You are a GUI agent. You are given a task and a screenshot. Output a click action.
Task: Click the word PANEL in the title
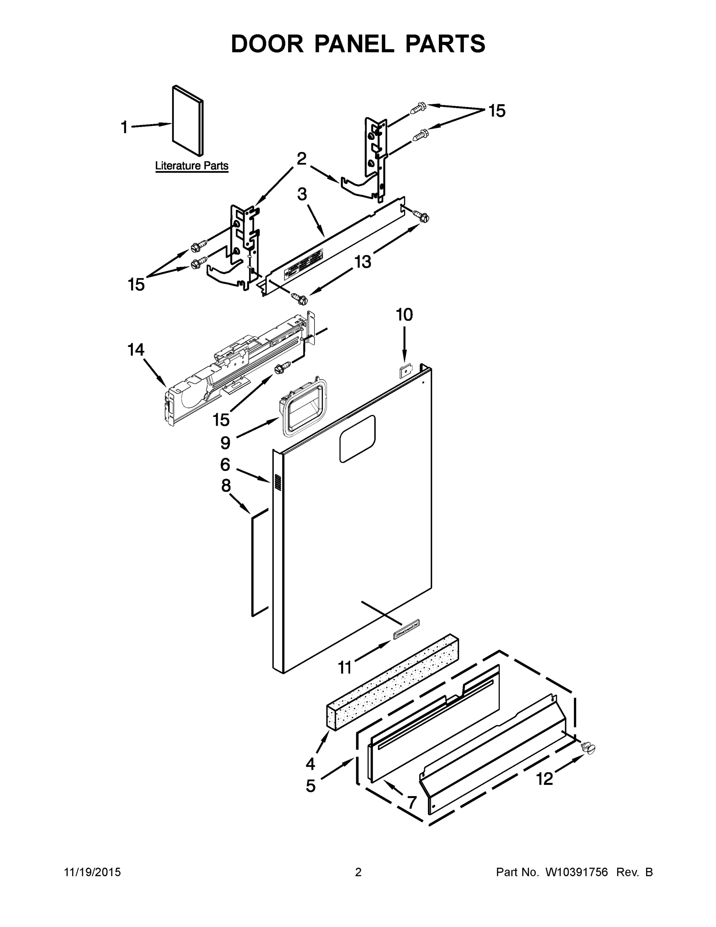(x=354, y=44)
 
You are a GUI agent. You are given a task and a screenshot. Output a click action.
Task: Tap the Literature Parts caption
(x=192, y=166)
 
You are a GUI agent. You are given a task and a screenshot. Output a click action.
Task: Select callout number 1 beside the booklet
(x=124, y=127)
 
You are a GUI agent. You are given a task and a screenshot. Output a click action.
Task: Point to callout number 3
(x=301, y=194)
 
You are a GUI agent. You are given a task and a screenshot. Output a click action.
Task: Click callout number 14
(x=136, y=350)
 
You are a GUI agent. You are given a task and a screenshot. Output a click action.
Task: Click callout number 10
(x=404, y=315)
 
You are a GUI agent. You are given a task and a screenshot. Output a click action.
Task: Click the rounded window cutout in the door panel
(x=357, y=438)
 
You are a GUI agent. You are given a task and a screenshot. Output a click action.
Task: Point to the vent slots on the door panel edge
(x=278, y=482)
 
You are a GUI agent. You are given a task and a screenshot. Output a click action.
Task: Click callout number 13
(x=363, y=261)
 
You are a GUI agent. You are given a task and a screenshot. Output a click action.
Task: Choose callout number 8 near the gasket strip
(x=226, y=486)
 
